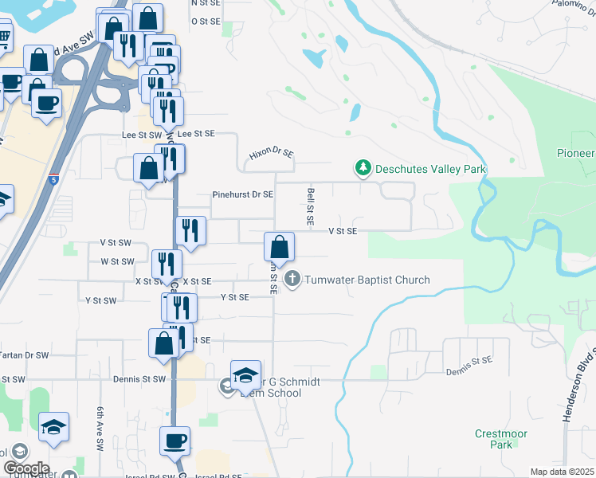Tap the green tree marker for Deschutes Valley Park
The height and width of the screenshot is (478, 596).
click(363, 168)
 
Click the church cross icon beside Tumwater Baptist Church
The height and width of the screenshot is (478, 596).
click(293, 279)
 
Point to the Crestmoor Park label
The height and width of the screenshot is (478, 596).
click(493, 439)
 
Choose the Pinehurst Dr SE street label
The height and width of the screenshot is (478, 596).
click(243, 194)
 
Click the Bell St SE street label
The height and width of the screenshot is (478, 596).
click(310, 206)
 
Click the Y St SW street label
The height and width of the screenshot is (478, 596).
click(100, 300)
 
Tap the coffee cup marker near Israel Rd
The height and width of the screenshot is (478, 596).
click(174, 441)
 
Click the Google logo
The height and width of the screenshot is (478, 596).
click(26, 468)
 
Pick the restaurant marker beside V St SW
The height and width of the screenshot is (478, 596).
click(190, 230)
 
